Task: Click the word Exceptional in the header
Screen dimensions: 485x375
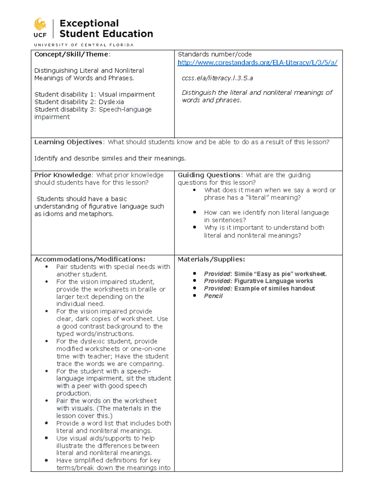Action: [89, 23]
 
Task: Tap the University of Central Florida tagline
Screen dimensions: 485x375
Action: [84, 45]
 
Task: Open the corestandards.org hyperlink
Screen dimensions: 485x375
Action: [257, 62]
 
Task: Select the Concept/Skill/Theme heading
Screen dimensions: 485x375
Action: [72, 54]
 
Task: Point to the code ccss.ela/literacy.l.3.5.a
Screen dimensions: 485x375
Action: [217, 78]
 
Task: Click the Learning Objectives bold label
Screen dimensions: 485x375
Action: [68, 142]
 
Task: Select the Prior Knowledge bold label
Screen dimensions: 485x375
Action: [63, 175]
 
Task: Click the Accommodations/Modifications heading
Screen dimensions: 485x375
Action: [90, 259]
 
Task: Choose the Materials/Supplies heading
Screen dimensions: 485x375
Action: [211, 259]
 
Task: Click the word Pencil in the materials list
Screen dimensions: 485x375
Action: [213, 296]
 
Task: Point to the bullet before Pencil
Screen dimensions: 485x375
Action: [194, 295]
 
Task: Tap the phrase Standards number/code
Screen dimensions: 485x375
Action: [215, 54]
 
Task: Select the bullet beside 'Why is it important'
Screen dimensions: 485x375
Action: [194, 227]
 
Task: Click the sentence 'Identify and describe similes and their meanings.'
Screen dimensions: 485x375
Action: [110, 158]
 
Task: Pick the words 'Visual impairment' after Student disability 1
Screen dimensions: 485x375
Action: [127, 94]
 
